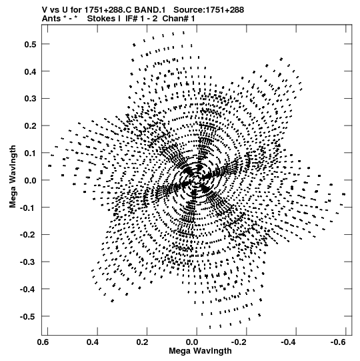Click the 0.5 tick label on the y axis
[x=30, y=44]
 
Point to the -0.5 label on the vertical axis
[x=28, y=316]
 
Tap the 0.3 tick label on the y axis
[x=30, y=99]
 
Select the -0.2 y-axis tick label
[x=28, y=235]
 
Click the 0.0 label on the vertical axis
[x=30, y=180]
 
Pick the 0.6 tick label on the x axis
[x=43, y=342]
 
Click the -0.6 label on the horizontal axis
[x=338, y=342]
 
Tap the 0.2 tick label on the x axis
[x=142, y=342]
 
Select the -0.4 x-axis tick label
[x=288, y=342]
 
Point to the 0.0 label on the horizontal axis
[x=192, y=342]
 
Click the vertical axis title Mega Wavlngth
[x=13, y=177]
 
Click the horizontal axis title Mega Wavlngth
[x=200, y=351]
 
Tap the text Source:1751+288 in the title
[x=209, y=10]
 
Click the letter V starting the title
[x=45, y=10]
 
